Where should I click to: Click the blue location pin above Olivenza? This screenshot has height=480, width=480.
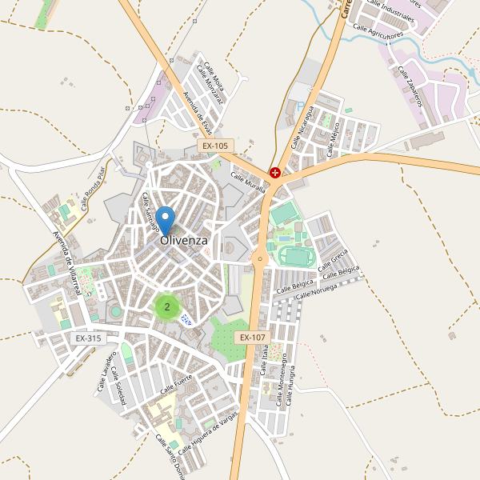click(x=166, y=218)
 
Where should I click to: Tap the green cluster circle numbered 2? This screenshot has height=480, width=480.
click(x=166, y=306)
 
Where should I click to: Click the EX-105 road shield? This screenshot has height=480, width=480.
click(x=214, y=146)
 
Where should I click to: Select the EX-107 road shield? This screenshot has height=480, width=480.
click(x=251, y=338)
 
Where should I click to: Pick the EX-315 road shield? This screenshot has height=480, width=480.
click(x=88, y=338)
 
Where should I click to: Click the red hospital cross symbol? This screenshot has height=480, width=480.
click(x=275, y=172)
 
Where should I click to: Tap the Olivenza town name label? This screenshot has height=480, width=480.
click(x=184, y=240)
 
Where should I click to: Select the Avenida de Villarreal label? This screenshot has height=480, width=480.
click(x=66, y=263)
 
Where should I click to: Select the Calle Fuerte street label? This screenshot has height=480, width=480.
click(x=177, y=385)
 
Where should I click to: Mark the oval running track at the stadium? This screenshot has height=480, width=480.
click(x=294, y=256)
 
